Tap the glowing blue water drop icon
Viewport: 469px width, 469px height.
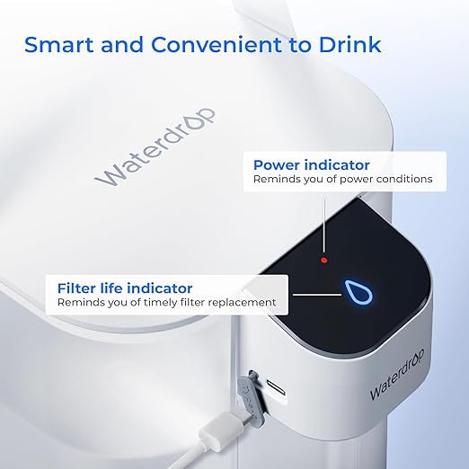pyautogui.click(x=351, y=291)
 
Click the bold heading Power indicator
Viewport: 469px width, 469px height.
pyautogui.click(x=311, y=164)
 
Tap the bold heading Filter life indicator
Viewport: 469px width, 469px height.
pyautogui.click(x=125, y=288)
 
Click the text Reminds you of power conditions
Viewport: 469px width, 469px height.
pyautogui.click(x=342, y=180)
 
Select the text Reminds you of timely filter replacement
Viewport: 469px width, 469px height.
pyautogui.click(x=166, y=303)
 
